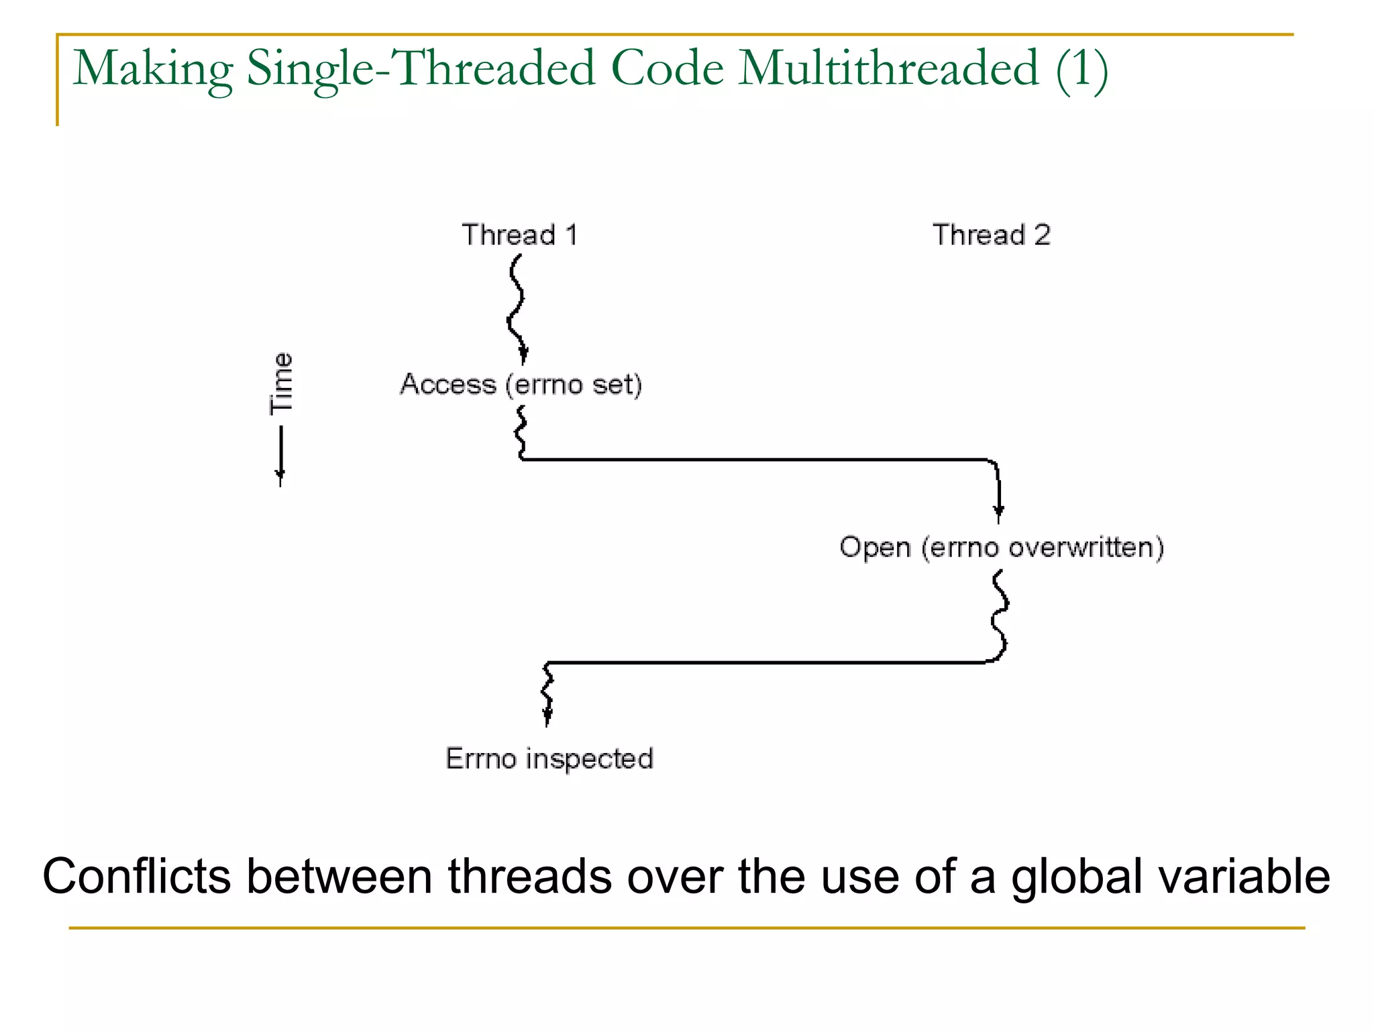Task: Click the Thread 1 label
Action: [x=519, y=235]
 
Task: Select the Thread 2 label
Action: [x=991, y=235]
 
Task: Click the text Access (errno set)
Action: [x=521, y=385]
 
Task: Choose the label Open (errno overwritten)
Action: [x=1001, y=547]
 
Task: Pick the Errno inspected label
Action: [x=549, y=759]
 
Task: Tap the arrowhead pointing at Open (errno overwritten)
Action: [x=998, y=512]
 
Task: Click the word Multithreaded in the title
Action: [x=889, y=68]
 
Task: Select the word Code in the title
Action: [x=668, y=68]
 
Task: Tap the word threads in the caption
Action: [x=530, y=877]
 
